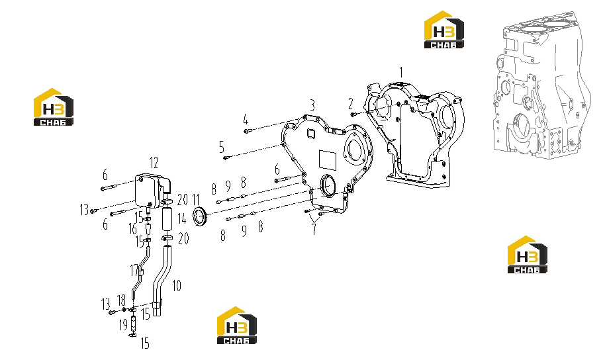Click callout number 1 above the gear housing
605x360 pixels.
pos(401,72)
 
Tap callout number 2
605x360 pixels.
pos(350,103)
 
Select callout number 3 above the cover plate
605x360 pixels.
pos(312,105)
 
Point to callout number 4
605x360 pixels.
pos(246,120)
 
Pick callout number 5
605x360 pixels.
pos(222,147)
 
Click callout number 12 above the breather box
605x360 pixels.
pos(154,163)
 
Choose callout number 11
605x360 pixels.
pos(196,200)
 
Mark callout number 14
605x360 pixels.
pos(182,219)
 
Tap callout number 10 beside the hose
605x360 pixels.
pos(176,286)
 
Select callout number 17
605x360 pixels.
pos(134,271)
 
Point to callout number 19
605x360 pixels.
pos(123,325)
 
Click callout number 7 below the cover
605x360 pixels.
pos(314,229)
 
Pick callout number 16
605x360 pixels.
pos(133,229)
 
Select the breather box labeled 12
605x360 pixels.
pos(148,191)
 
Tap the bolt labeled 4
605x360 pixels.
pos(246,131)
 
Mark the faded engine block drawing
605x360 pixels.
pos(541,84)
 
